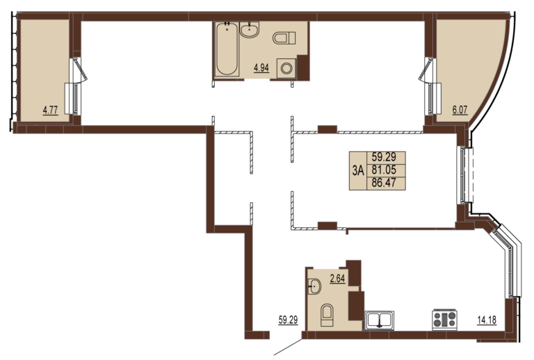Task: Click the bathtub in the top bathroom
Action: tap(227, 49)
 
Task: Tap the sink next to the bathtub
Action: tap(250, 30)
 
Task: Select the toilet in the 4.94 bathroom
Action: tap(284, 38)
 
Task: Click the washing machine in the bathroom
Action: tap(286, 68)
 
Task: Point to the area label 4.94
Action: tap(261, 68)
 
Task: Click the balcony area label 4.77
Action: tap(50, 111)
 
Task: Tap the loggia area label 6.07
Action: tap(460, 111)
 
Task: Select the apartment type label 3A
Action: tap(358, 170)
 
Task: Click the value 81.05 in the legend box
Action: tap(384, 170)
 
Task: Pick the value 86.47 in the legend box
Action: tap(384, 183)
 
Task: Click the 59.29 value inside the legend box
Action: tap(384, 157)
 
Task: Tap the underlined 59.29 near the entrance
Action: tap(288, 320)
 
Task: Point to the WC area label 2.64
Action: tap(337, 279)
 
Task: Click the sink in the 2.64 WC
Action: tap(314, 286)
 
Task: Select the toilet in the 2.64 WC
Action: tap(327, 315)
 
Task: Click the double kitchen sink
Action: tap(380, 320)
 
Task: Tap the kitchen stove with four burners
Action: tap(444, 320)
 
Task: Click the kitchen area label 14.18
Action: tap(487, 320)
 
